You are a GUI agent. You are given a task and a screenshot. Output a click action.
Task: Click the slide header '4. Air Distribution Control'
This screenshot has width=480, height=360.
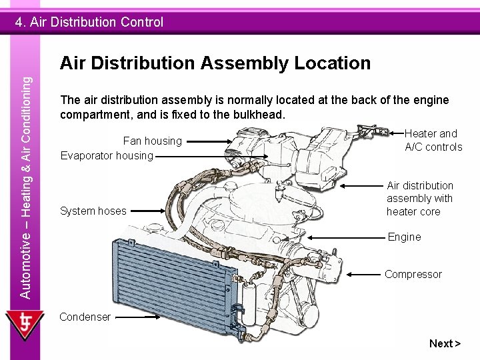pos(89,22)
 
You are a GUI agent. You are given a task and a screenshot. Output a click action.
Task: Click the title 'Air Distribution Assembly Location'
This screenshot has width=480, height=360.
pos(215,63)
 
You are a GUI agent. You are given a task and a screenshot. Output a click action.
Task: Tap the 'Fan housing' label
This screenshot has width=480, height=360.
pos(152,141)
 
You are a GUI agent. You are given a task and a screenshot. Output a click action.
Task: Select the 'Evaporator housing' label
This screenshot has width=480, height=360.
pos(107,155)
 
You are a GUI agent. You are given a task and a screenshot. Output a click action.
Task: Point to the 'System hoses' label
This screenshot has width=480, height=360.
pos(93,211)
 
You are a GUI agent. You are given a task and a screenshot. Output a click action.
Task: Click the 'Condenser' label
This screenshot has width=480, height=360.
pos(85,317)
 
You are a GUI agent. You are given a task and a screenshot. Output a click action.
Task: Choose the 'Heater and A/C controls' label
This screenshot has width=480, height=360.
pos(433,140)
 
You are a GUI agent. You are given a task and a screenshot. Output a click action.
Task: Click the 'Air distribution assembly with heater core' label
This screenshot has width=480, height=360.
pos(419,198)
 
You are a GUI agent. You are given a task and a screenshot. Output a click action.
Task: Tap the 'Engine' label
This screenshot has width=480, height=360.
pos(404,237)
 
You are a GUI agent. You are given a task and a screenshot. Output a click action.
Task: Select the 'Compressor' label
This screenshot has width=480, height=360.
pos(413,274)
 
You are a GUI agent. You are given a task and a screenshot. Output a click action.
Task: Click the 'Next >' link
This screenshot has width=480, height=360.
pos(445,343)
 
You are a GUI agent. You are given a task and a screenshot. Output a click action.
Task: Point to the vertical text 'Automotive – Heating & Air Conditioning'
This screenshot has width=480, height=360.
pos(25,187)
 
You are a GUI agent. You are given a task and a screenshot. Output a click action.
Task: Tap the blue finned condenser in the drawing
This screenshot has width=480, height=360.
pos(173,273)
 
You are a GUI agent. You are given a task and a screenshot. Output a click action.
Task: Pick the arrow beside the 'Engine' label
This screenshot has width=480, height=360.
pos(347,237)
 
